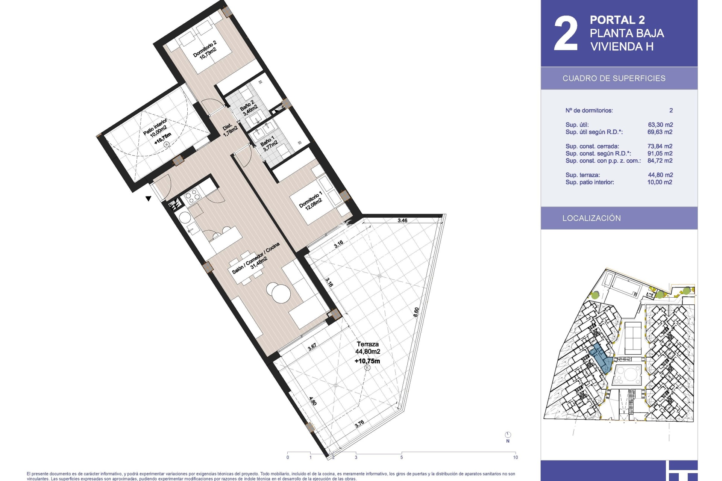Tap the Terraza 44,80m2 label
point(368,348)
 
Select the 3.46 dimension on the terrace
point(402,221)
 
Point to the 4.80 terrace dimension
point(313,401)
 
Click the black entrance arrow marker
point(149,198)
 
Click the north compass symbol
point(508,435)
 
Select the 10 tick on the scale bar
point(515,457)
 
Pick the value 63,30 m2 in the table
point(660,125)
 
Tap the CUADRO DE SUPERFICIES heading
point(614,79)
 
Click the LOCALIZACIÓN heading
point(592,218)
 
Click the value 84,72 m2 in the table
point(660,161)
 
